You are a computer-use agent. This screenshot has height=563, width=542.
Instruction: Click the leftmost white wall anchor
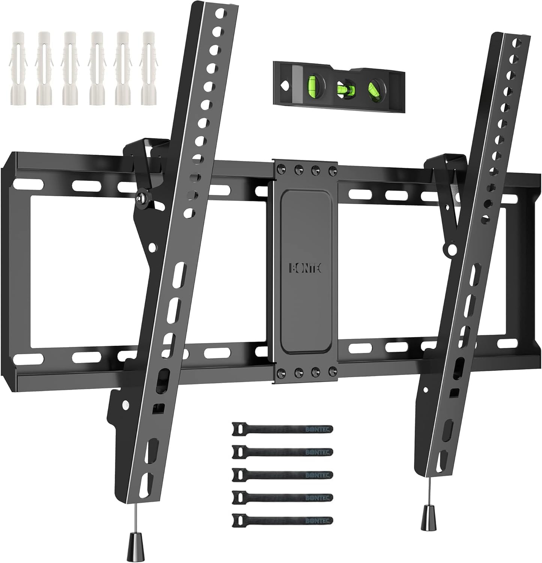click(x=17, y=74)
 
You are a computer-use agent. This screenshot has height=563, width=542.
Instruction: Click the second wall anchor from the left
click(x=43, y=74)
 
